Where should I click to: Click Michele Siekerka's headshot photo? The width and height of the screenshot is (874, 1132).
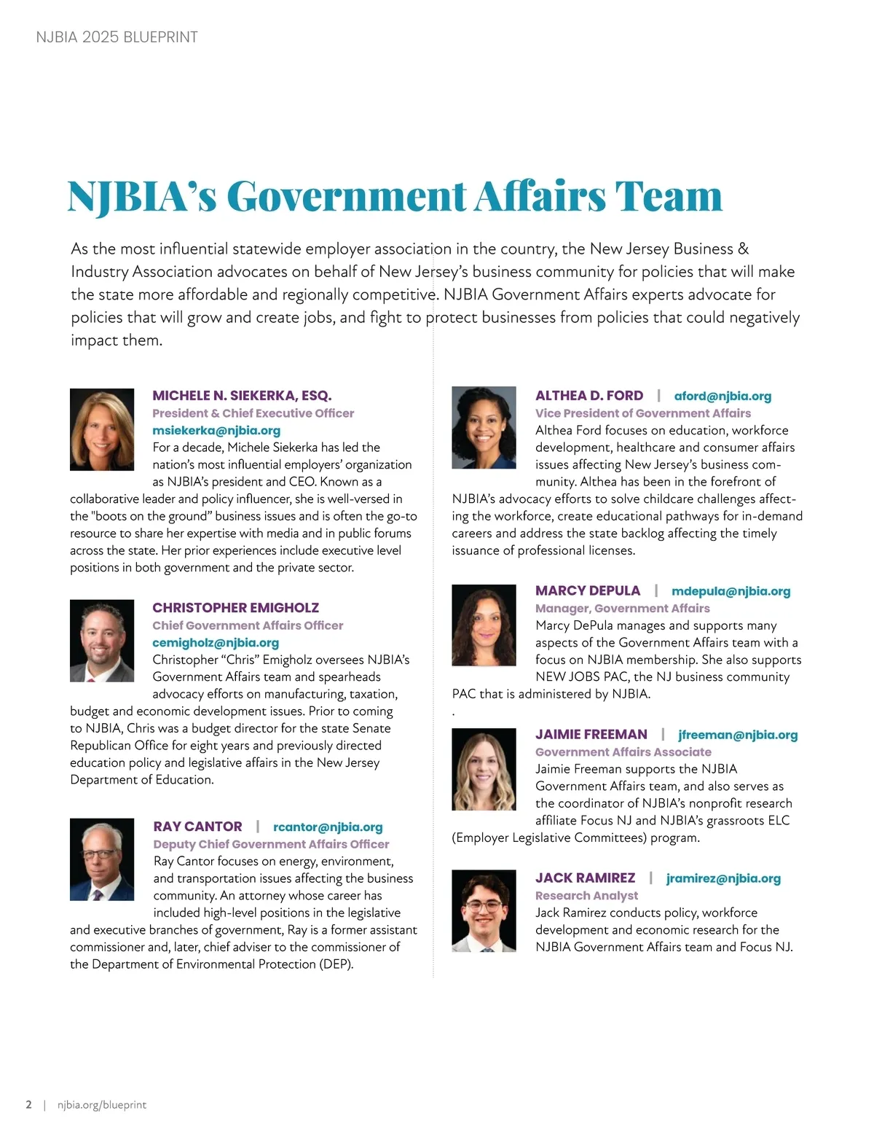[x=102, y=429]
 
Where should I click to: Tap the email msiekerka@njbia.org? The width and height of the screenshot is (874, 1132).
[x=216, y=430]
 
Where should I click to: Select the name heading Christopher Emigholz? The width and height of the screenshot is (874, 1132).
[x=235, y=607]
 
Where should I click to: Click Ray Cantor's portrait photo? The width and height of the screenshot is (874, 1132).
[x=102, y=859]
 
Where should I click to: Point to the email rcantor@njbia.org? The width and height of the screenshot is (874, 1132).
[x=328, y=827]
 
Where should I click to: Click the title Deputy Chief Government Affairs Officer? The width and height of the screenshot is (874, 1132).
[x=271, y=844]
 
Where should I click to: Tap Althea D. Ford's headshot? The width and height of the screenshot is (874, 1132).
[x=484, y=428]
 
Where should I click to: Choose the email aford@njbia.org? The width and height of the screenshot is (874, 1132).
[x=723, y=396]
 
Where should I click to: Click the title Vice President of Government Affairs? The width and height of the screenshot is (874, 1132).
[x=643, y=413]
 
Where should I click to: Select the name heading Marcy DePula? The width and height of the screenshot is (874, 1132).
[x=588, y=590]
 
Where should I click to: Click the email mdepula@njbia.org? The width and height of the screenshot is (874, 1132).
[x=731, y=591]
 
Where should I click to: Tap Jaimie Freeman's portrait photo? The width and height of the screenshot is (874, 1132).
[x=484, y=769]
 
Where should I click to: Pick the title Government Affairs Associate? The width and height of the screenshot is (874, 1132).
[x=623, y=752]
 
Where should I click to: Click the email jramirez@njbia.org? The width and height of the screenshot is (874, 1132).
[x=723, y=878]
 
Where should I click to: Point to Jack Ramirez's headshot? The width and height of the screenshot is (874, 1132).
[x=484, y=910]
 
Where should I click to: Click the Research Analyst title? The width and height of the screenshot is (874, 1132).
[x=586, y=895]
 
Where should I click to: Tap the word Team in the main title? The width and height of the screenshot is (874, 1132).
[x=668, y=196]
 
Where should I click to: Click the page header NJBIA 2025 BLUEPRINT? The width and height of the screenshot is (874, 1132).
[x=117, y=37]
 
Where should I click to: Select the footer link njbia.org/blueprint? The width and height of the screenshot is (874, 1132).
[x=102, y=1105]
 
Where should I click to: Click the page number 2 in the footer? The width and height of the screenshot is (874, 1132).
[x=29, y=1105]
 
